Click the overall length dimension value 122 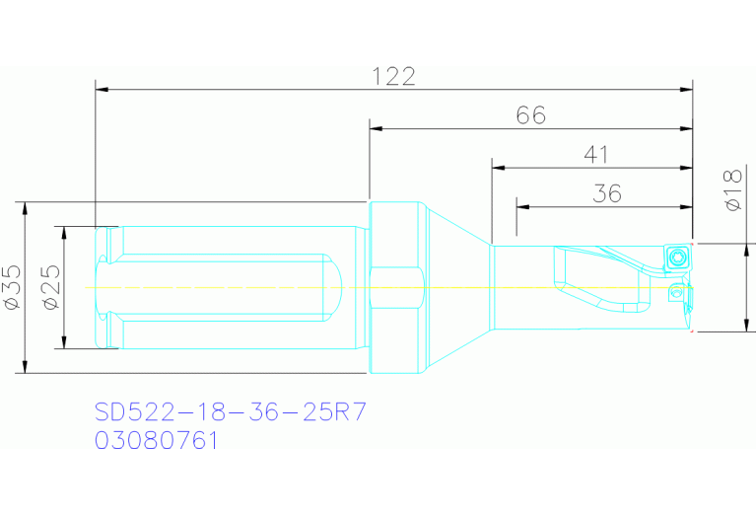click(x=393, y=76)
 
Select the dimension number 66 click(x=531, y=115)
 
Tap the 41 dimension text click(x=595, y=155)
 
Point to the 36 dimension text click(x=607, y=193)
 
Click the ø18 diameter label click(x=731, y=190)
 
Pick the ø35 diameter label click(x=13, y=287)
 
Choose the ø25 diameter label click(x=53, y=287)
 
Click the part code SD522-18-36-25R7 click(x=231, y=410)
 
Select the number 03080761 click(x=156, y=440)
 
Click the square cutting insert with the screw click(x=677, y=258)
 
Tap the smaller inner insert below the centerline click(x=676, y=292)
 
